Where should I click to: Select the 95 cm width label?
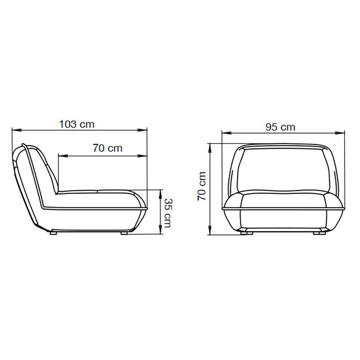pyautogui.click(x=280, y=127)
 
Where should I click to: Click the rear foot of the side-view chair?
pyautogui.click(x=54, y=234)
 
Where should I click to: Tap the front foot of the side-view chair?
pyautogui.click(x=125, y=234)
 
